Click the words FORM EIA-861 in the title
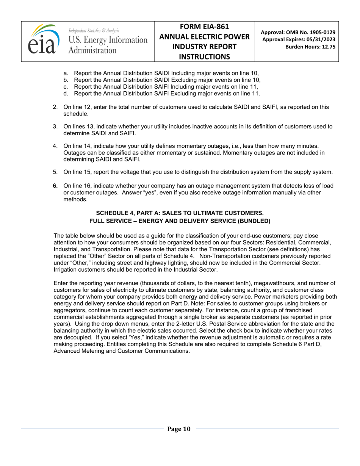click(204, 27)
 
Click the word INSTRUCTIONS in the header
click(204, 56)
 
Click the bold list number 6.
click(55, 186)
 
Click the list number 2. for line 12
click(55, 107)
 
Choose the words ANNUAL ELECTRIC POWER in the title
click(204, 37)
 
